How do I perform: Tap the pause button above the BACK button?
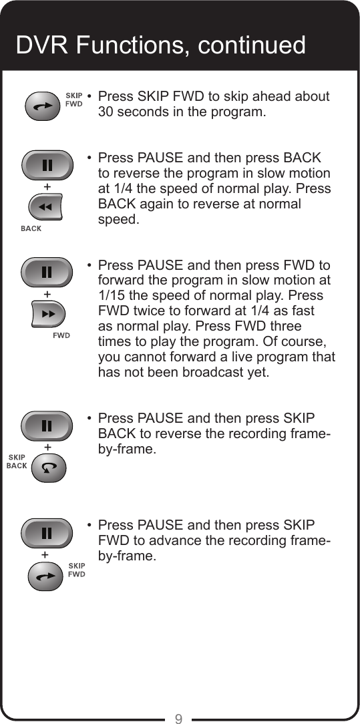pos(46,164)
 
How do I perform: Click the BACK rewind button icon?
pos(45,207)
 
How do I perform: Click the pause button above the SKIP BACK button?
pos(46,425)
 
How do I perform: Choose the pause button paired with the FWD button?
pos(46,271)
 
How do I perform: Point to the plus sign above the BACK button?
pos(47,185)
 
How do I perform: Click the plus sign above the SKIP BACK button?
pos(47,445)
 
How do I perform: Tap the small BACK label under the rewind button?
pos(31,229)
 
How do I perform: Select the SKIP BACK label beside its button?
pos(17,462)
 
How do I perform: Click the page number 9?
pos(178,719)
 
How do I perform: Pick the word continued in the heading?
pos(251,45)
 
